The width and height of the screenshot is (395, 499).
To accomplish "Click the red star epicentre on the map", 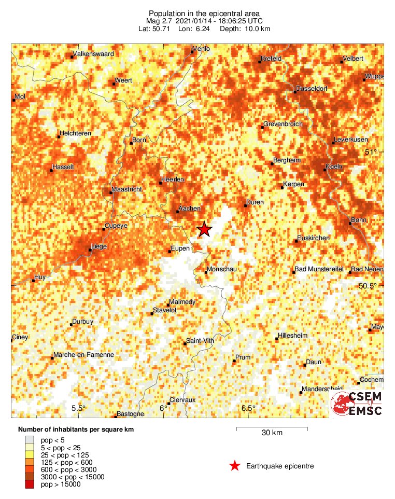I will point(205,229).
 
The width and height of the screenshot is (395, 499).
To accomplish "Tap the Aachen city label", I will point(189,208).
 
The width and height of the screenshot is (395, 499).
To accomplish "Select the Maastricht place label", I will point(126,189).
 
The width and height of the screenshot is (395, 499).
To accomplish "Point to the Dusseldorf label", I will point(313,89).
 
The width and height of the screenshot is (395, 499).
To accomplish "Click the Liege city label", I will point(98,246).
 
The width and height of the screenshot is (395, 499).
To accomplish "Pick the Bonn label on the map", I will point(359,220).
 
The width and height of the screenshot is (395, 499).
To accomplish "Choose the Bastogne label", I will point(131,413).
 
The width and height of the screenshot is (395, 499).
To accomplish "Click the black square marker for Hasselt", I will point(51,170).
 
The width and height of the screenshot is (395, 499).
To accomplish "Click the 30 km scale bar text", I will point(272,433).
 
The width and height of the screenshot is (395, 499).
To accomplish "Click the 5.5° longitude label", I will point(78,408).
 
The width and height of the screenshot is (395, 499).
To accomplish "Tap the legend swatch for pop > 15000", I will point(30,484).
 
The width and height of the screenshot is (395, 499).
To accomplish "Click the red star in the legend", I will point(235,466).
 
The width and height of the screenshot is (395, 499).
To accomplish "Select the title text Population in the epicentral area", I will point(204,13).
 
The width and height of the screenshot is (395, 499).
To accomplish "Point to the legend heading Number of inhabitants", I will point(72,430).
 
